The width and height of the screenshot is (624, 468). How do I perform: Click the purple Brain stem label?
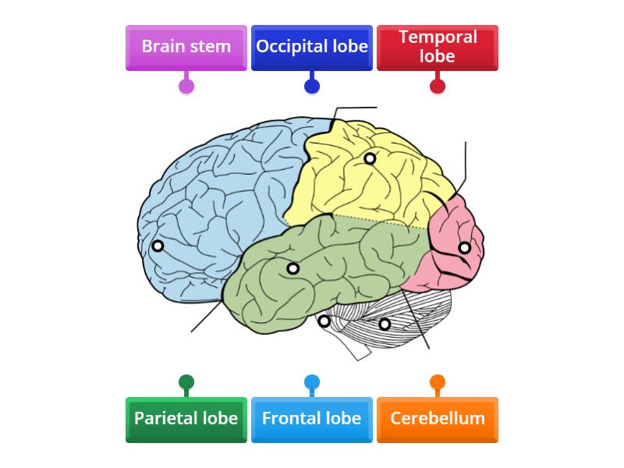pos(186,47)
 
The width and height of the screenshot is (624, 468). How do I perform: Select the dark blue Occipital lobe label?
pos(312,47)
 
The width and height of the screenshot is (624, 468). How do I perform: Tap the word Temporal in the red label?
pos(438,37)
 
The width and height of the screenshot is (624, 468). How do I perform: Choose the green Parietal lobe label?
pos(186,418)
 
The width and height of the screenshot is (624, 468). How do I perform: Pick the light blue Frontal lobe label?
pos(312,418)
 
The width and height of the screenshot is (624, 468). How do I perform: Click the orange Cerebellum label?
pos(438,418)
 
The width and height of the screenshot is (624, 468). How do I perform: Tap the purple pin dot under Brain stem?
pos(186,86)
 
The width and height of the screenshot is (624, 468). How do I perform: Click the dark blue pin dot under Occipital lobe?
pos(312,86)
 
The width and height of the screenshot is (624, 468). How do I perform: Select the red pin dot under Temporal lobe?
pos(438,86)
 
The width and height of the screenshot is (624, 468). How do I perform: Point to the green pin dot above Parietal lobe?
pos(186,382)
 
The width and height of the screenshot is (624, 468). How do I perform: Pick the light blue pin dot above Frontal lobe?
pos(312,382)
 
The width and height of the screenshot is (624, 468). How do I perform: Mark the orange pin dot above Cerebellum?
pos(438,382)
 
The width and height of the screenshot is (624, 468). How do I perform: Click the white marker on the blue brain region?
pos(158,246)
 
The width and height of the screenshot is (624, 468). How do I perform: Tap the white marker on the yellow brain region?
pos(370,158)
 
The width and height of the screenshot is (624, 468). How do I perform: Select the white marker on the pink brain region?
pos(464,248)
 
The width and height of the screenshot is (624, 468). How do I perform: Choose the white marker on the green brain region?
pos(292,268)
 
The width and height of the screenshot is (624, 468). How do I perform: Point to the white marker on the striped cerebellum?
pos(385,324)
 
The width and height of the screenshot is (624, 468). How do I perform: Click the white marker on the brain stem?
pos(324,321)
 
